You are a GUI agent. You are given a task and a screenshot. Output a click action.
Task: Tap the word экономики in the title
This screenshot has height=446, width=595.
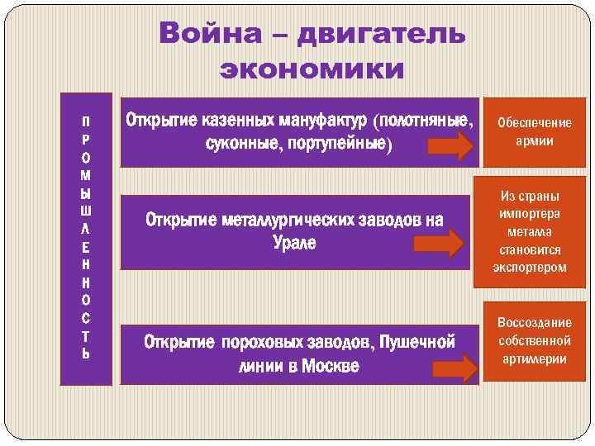point(312,69)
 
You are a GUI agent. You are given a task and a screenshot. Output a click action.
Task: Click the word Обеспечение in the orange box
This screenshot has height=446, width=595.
point(534,123)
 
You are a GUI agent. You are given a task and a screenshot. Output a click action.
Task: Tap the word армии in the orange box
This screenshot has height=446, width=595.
point(534,140)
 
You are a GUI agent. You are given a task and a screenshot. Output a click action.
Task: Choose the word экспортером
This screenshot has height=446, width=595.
point(530,267)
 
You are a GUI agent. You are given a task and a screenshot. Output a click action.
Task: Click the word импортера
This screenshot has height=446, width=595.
point(530,214)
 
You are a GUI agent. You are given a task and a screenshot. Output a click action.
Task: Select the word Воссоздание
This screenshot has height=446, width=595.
point(535,323)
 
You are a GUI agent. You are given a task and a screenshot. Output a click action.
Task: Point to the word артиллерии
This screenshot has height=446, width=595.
point(534,358)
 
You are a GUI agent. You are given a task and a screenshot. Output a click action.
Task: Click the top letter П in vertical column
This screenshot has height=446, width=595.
point(86,121)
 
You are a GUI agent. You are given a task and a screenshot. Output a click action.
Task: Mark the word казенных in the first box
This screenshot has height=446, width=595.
point(234,121)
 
